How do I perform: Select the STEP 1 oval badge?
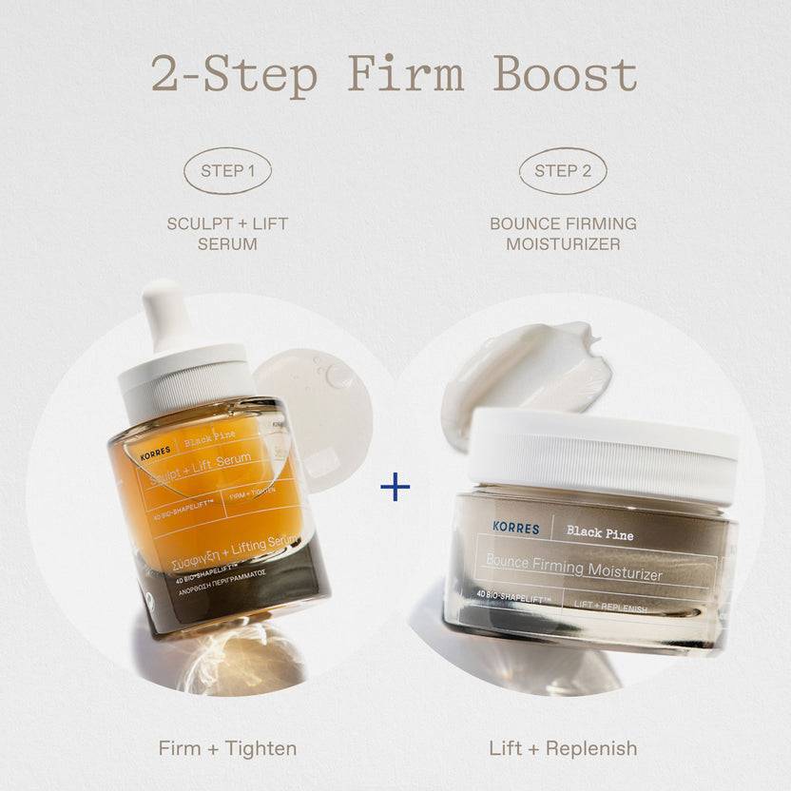(227, 171)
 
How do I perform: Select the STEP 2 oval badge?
(563, 171)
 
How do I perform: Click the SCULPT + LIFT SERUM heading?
(227, 234)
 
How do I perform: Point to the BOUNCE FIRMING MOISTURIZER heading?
(563, 234)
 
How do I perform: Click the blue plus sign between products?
(395, 488)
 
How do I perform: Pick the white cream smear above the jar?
(532, 371)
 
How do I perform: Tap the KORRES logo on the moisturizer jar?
(516, 528)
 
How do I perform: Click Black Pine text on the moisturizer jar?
(600, 534)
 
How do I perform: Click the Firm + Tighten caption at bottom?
(227, 748)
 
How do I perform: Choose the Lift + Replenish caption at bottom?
(563, 748)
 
